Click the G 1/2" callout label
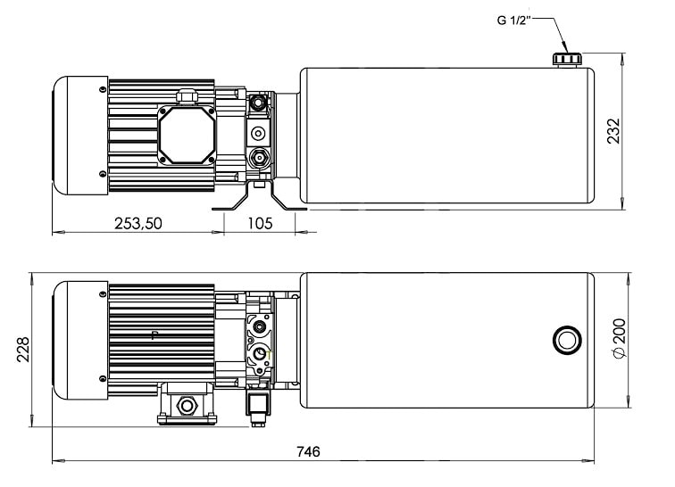click(x=512, y=20)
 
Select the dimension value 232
click(x=614, y=131)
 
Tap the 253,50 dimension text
click(x=138, y=223)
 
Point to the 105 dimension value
click(x=260, y=223)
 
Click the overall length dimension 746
click(x=308, y=451)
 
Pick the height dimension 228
click(x=23, y=350)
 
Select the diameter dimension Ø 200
click(x=619, y=338)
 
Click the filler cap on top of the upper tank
click(x=567, y=60)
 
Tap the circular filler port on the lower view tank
click(x=567, y=340)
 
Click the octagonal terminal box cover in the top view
click(x=187, y=135)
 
